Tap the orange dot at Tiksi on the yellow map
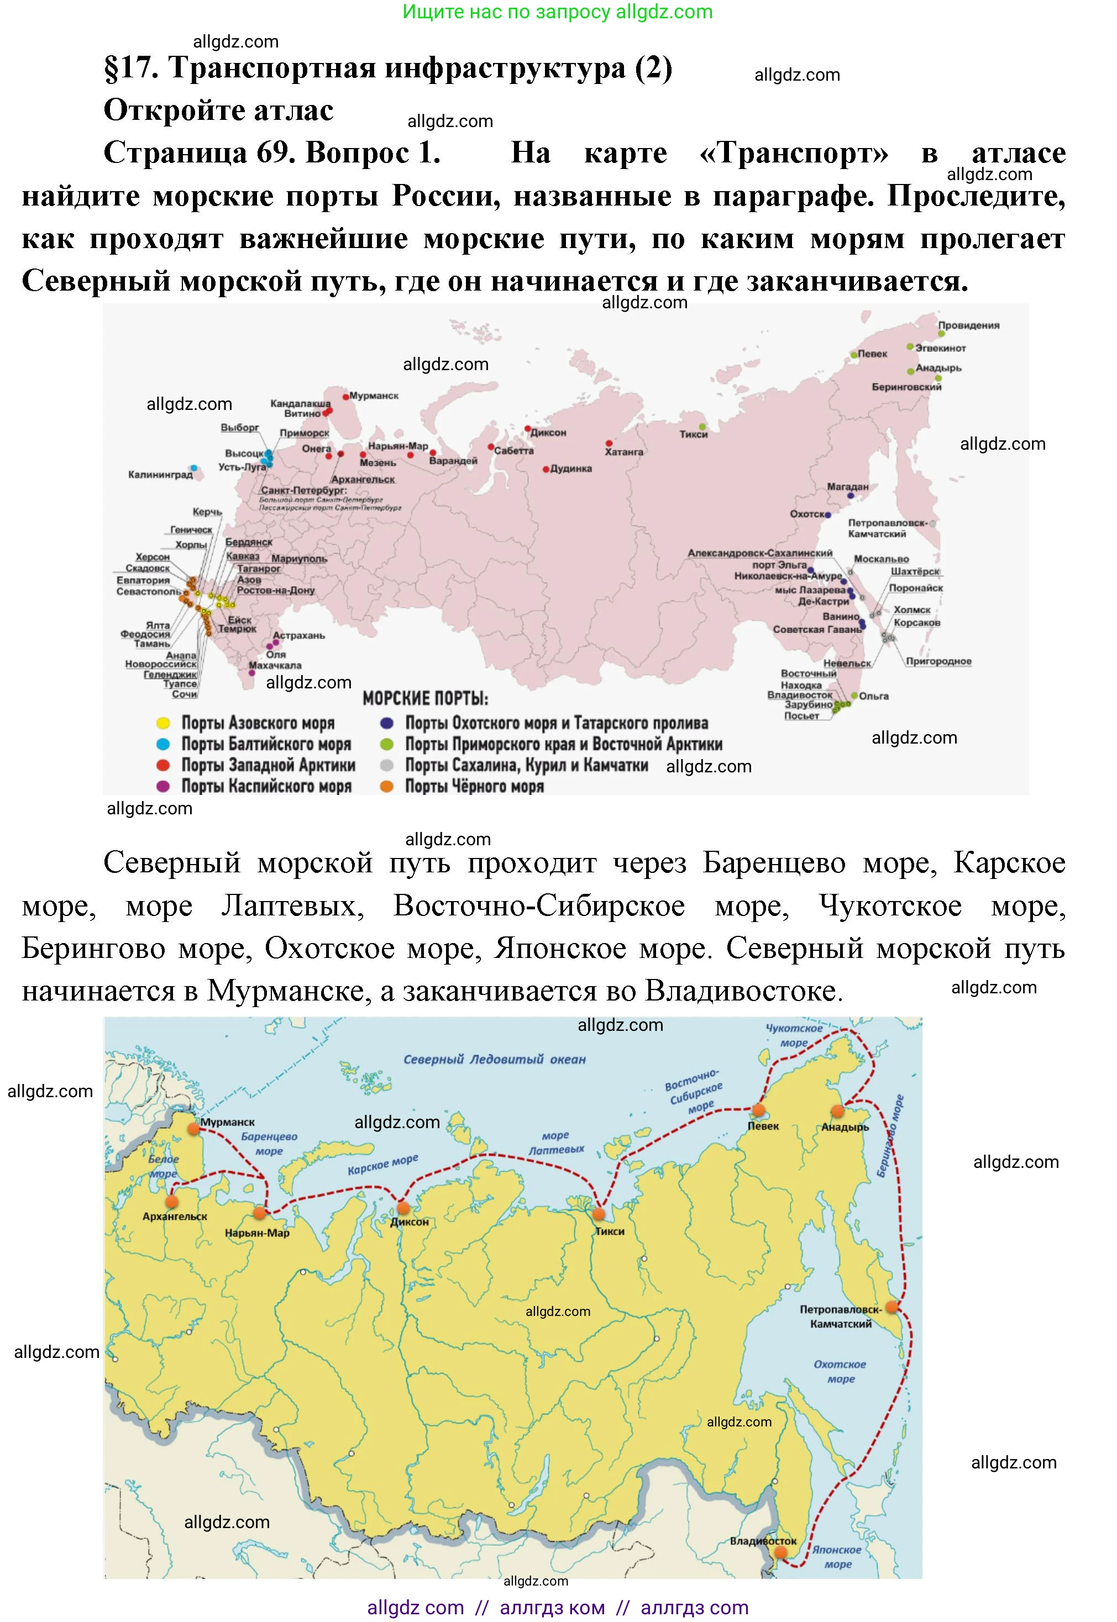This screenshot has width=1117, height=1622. pos(599,1214)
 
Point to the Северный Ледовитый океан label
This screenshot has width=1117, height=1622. pos(494,1060)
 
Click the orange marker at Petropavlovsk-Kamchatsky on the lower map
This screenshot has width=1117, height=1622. pos(891,1306)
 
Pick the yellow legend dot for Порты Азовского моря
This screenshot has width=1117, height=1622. pos(163,723)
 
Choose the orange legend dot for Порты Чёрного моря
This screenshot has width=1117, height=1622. pos(386,786)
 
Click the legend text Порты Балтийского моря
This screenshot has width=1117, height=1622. pos(266,744)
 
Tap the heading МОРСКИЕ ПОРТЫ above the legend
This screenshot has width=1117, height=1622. pos(425,699)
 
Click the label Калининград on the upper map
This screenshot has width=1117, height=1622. pos(160,475)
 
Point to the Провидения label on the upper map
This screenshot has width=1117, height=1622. pos(969,325)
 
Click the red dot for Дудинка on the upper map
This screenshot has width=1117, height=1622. pos(546,470)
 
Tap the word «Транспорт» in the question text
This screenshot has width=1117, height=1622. pos(794,153)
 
